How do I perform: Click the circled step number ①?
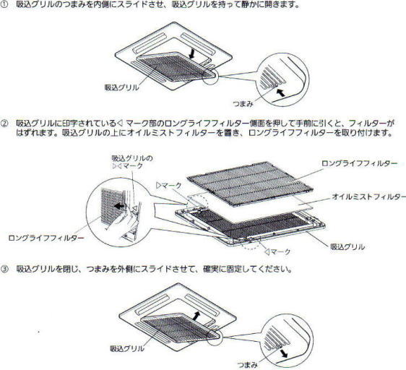click(4, 4)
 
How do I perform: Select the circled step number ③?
click(4, 270)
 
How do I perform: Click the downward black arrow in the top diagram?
click(192, 53)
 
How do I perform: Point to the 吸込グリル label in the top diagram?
click(121, 87)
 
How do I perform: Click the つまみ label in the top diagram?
click(243, 104)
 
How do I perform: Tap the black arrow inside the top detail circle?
click(280, 92)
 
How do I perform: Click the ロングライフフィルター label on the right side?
click(359, 163)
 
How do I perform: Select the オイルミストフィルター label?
click(369, 197)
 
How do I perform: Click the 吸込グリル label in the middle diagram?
click(347, 246)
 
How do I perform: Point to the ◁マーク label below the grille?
click(277, 251)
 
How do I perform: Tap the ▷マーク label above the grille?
click(169, 186)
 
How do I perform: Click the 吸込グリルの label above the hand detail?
click(132, 158)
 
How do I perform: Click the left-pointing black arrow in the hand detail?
click(119, 206)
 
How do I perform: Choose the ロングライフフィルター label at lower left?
click(46, 238)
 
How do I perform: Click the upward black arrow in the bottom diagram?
click(196, 316)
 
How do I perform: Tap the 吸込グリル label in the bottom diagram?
click(127, 348)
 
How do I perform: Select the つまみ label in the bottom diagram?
click(247, 365)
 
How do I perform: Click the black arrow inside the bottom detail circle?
click(283, 353)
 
